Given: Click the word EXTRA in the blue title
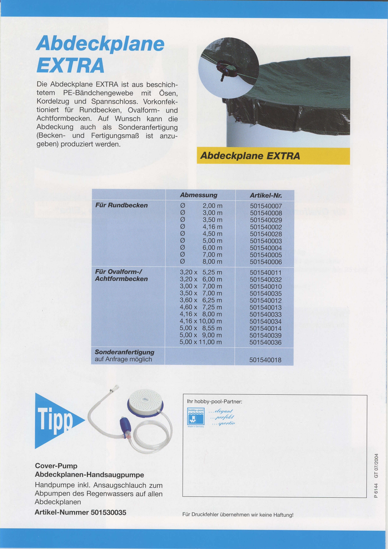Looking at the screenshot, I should click(x=70, y=65).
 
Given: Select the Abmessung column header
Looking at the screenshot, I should click(x=199, y=195).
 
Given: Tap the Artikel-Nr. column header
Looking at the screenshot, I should click(x=266, y=195).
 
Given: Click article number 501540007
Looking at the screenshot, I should click(x=266, y=206).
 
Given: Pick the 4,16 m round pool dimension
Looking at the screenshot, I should click(x=212, y=227).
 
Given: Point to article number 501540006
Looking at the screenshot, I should click(x=266, y=262).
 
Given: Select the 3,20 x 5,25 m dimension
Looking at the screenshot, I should click(x=201, y=272).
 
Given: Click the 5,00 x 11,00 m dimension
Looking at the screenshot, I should click(x=201, y=342).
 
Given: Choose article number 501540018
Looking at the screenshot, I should click(x=265, y=360).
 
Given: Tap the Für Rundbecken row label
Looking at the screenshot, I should click(x=121, y=205).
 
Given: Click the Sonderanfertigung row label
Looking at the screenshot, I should click(x=125, y=352).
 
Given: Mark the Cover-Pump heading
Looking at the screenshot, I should click(x=56, y=466).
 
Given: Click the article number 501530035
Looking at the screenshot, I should click(x=108, y=512).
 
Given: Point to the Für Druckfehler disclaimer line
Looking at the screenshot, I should click(x=238, y=515).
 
